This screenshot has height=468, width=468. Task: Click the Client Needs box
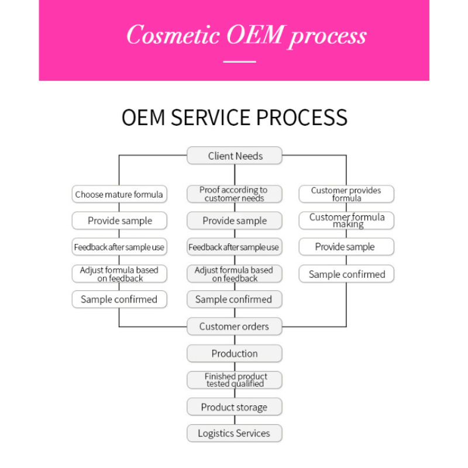point(235,156)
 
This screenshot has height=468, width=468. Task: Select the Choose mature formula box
point(119,194)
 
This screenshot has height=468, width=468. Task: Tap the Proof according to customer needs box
point(235,194)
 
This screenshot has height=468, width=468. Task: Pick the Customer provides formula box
point(346,194)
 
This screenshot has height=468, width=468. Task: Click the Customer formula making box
point(346,221)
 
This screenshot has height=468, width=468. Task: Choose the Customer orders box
point(235,326)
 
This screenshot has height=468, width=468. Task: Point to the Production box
point(235,353)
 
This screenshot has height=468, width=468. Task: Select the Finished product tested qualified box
point(235,380)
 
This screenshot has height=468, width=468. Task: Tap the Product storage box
point(235,407)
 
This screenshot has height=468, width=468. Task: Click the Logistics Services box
point(235,433)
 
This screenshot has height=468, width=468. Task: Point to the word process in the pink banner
point(328,36)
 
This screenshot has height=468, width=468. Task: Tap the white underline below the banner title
point(240,61)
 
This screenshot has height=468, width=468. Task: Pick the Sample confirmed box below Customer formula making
point(346,274)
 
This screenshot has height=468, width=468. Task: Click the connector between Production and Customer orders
point(235,340)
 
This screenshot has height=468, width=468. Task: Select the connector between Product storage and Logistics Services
point(235,420)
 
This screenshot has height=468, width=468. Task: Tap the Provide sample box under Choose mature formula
point(119,221)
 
